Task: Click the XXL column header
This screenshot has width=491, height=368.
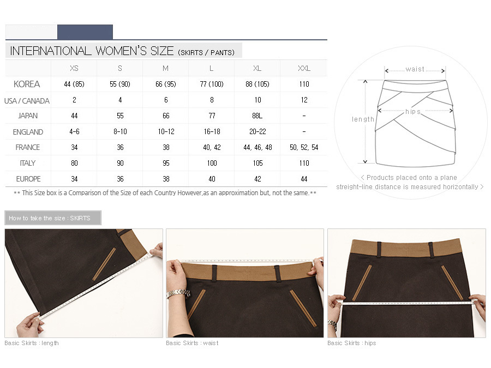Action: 304,68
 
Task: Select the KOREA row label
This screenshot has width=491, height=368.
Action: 27,84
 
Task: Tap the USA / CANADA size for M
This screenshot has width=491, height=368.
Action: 166,100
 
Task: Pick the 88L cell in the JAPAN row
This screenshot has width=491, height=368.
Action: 258,116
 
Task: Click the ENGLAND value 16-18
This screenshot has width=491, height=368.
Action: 212,131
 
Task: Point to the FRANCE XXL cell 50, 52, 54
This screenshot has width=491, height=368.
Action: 304,147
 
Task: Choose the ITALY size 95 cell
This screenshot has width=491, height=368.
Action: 166,163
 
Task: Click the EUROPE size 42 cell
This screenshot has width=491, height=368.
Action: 258,179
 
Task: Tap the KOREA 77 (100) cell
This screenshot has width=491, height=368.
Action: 212,84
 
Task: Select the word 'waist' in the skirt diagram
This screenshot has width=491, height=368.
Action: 415,69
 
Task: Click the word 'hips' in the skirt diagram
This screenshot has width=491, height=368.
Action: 413,112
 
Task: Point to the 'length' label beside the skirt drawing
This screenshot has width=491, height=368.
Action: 363,119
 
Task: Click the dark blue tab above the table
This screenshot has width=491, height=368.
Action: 85,32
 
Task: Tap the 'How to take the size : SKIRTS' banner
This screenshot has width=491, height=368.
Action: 53,218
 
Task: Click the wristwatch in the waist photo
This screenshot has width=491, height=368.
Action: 178,293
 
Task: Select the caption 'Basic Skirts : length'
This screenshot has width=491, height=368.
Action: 32,343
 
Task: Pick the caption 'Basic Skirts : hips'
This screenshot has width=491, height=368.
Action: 352,343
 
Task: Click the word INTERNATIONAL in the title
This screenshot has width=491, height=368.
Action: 51,51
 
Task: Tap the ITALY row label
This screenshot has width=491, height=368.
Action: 28,163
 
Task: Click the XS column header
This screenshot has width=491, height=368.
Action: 74,68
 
